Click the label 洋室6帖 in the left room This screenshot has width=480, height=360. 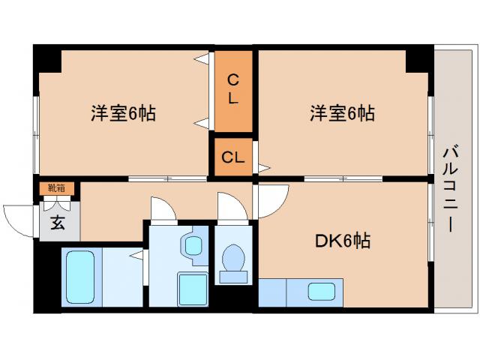point(124,114)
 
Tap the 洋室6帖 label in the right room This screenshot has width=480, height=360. point(343,114)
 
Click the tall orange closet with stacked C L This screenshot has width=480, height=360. point(233,88)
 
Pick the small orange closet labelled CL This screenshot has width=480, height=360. point(233,157)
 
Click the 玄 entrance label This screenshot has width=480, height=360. point(57,222)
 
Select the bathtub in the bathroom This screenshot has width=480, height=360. point(79,276)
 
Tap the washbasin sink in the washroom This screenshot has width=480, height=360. point(193,245)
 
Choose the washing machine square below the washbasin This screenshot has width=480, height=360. point(192,288)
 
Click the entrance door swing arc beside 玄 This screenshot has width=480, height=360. point(19,217)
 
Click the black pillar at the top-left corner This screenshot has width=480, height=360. point(46,58)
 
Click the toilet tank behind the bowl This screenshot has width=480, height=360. point(235,277)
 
